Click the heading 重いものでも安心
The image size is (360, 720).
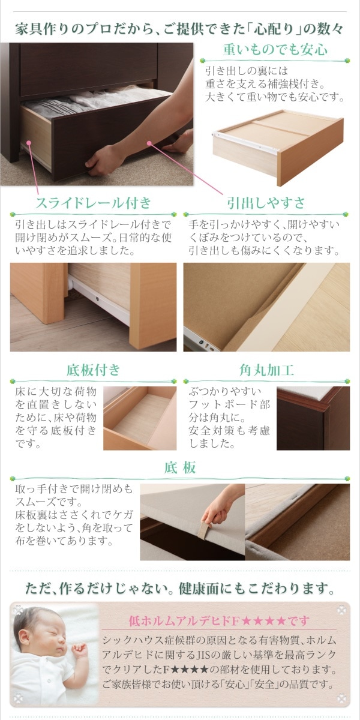coord(275,49)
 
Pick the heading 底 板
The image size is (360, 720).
coord(180,467)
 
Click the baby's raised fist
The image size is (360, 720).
coord(79,650)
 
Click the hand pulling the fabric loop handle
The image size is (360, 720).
coord(216,512)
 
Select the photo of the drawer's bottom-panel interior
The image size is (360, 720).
coord(139,418)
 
